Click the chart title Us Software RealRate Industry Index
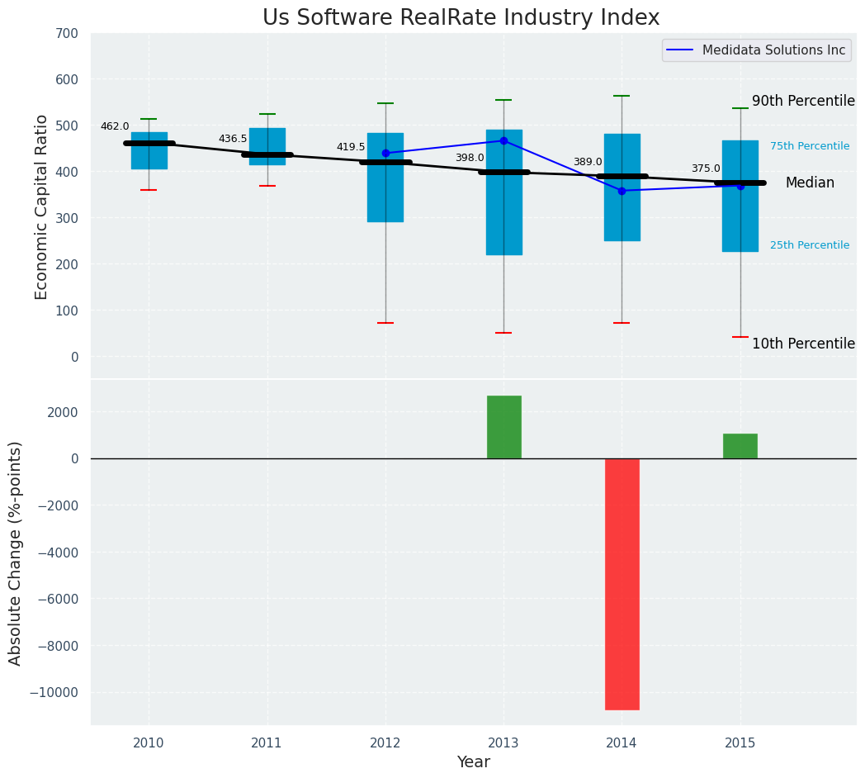pyautogui.click(x=461, y=18)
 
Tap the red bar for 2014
pyautogui.click(x=622, y=584)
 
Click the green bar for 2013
pyautogui.click(x=503, y=427)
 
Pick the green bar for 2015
pyautogui.click(x=740, y=446)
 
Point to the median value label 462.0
pyautogui.click(x=115, y=127)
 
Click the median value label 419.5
pyautogui.click(x=350, y=148)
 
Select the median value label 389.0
pyautogui.click(x=588, y=163)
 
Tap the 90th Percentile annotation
pyautogui.click(x=803, y=102)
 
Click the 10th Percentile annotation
pyautogui.click(x=803, y=344)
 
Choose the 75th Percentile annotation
pyautogui.click(x=810, y=147)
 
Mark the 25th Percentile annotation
pyautogui.click(x=810, y=246)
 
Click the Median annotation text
pyautogui.click(x=810, y=183)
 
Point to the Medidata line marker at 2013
pyautogui.click(x=503, y=141)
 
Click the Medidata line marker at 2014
pyautogui.click(x=622, y=191)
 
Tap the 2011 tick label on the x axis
pyautogui.click(x=267, y=743)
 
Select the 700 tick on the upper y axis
pyautogui.click(x=67, y=34)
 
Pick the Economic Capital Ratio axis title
pyautogui.click(x=42, y=206)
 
